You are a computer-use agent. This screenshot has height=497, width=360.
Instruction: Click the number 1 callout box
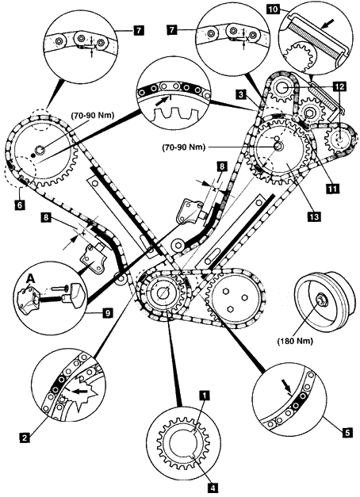click(x=205, y=396)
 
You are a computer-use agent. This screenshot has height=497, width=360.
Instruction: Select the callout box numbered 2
click(x=24, y=438)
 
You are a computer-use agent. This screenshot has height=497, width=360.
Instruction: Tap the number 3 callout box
click(x=241, y=94)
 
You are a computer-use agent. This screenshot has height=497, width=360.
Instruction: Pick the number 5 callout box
click(x=348, y=433)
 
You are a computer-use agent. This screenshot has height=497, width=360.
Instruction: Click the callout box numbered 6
click(x=19, y=205)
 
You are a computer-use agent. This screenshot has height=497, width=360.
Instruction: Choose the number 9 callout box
click(x=107, y=314)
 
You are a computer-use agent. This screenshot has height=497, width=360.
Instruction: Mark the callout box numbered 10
click(x=273, y=10)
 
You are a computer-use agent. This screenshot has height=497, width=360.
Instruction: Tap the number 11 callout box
click(x=333, y=189)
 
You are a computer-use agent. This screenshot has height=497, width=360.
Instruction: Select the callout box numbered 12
click(x=340, y=86)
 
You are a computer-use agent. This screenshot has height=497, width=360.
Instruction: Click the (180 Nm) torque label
click(x=295, y=341)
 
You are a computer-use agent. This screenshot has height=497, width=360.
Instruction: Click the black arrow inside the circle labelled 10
click(x=329, y=24)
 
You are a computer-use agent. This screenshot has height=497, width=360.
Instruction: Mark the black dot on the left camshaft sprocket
click(x=33, y=155)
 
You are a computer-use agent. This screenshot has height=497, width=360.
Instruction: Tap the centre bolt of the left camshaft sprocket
click(x=40, y=149)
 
